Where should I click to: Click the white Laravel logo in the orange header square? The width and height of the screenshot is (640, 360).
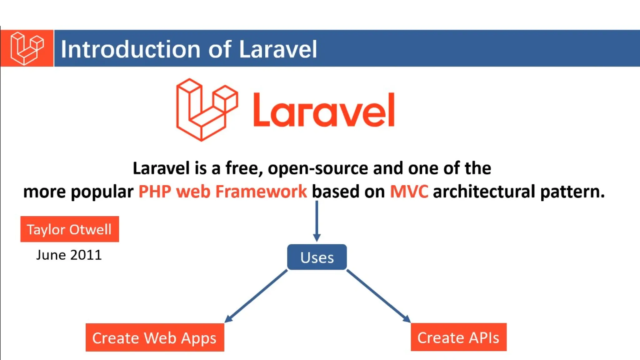[x=27, y=48]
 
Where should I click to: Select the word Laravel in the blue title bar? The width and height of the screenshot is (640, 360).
[x=278, y=49]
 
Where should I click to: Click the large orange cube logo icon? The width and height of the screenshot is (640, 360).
[x=207, y=109]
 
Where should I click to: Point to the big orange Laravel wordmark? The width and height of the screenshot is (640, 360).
[x=324, y=110]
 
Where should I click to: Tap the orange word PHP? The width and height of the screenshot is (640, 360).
[x=155, y=192]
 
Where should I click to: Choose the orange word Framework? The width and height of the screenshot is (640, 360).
[x=261, y=192]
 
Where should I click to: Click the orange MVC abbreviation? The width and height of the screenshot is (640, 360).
[x=409, y=192]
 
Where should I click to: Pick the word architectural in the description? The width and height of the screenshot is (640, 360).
[x=484, y=192]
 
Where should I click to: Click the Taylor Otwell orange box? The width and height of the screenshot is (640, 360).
[x=70, y=229]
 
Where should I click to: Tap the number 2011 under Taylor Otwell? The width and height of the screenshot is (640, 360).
[x=86, y=255]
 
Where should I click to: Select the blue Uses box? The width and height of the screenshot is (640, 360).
[x=317, y=257]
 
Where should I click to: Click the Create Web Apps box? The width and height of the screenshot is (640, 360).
[x=155, y=337]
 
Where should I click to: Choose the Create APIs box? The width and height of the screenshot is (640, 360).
[x=458, y=337]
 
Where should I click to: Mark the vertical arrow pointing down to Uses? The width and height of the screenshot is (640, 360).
[x=317, y=221]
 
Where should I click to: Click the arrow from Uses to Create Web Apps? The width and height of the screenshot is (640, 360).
[x=256, y=296]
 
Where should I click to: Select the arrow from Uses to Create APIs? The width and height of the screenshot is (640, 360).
[x=378, y=296]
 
